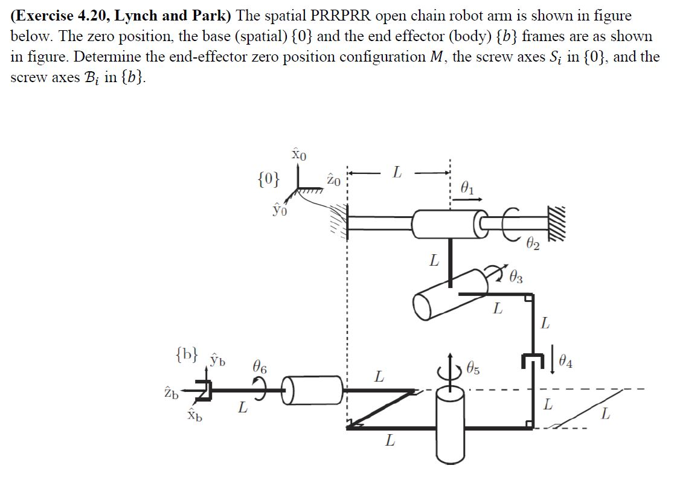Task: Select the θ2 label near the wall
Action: tap(533, 246)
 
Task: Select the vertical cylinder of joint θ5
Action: tap(450, 426)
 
